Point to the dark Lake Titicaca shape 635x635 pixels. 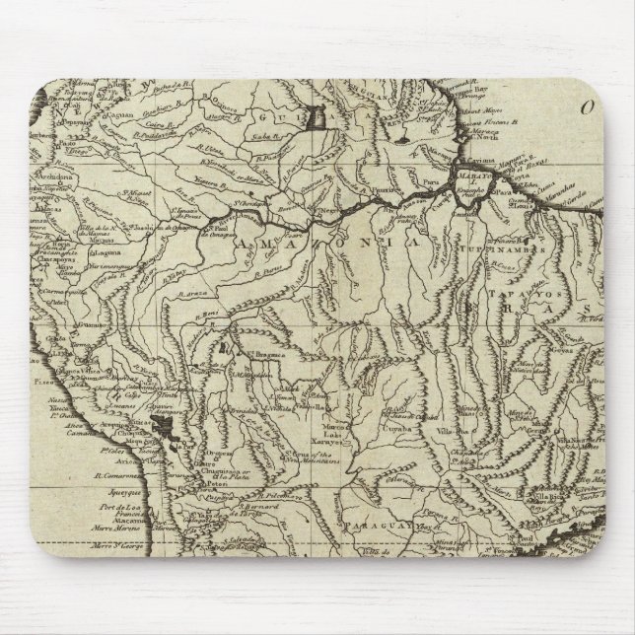pos(162,427)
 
